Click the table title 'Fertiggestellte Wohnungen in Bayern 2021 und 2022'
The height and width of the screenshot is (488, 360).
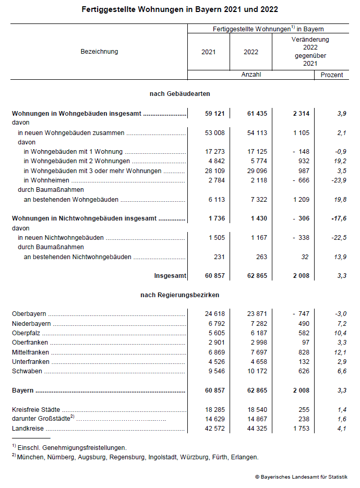tap(180, 9)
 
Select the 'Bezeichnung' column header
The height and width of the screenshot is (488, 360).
tap(99, 52)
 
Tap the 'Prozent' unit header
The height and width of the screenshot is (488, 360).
tap(332, 75)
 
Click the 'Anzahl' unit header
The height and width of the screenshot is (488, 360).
tap(251, 75)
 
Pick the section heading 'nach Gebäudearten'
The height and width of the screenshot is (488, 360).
tap(180, 94)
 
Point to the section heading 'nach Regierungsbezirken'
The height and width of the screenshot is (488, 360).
tap(179, 295)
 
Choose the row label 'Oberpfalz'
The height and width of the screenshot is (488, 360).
tap(26, 333)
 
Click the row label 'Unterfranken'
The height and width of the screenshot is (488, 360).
tap(30, 362)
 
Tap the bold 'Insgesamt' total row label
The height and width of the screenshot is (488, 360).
tap(170, 276)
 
